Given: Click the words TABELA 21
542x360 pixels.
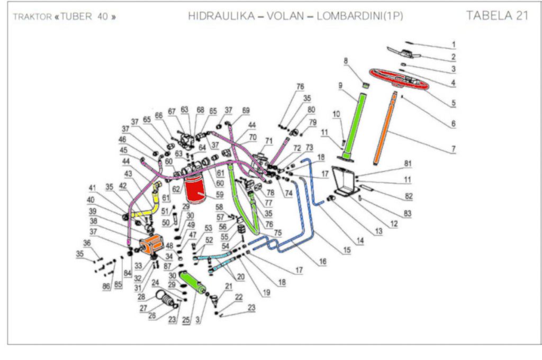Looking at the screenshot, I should click(x=497, y=15).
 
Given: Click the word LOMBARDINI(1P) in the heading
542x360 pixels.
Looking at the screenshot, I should click(x=360, y=16).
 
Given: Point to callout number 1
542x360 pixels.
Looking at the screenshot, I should click(x=453, y=44).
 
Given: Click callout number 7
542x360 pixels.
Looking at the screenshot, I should click(x=453, y=150).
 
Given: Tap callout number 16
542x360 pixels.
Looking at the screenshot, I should click(x=322, y=262).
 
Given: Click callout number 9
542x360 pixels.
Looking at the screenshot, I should click(x=340, y=85).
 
